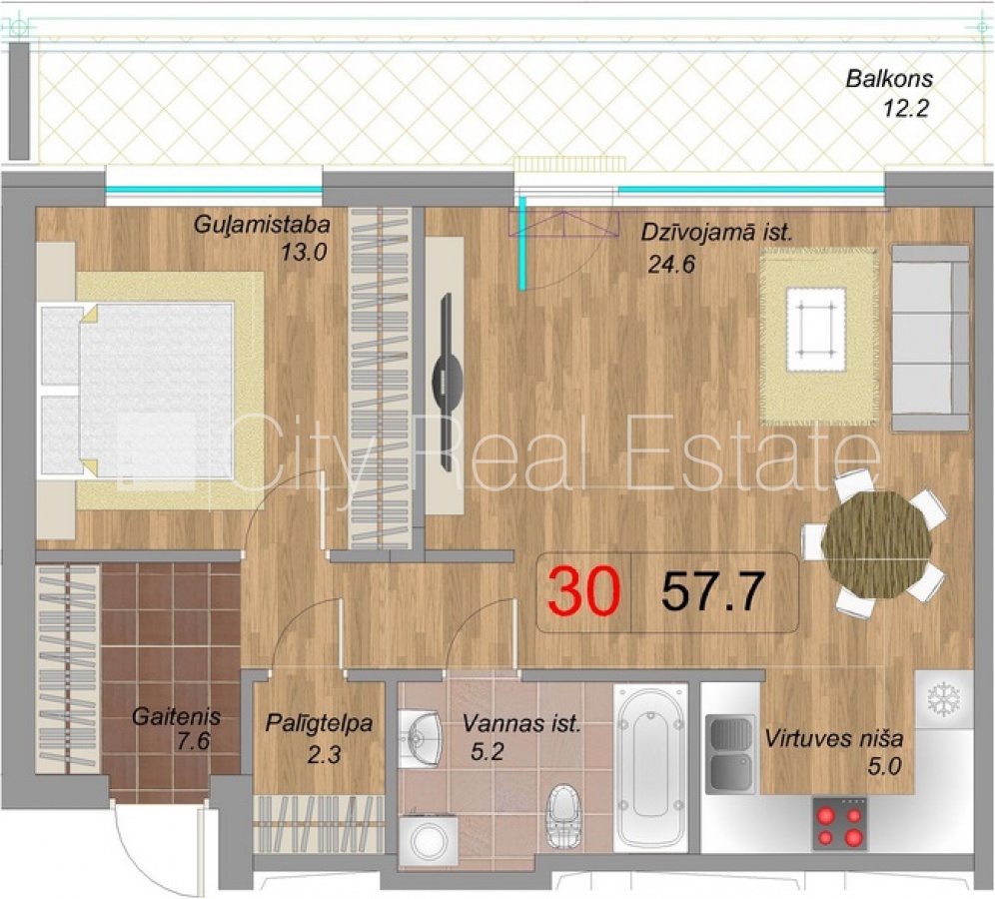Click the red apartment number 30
tap(583, 591)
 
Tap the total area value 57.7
tap(712, 591)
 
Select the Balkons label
tap(889, 79)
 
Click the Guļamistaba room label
tap(262, 225)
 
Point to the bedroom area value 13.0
tap(304, 253)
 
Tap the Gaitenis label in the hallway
tap(177, 717)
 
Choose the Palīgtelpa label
tap(319, 724)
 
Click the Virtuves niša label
tap(834, 738)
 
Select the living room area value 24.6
tap(671, 264)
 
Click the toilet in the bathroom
tap(563, 815)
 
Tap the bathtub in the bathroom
tap(651, 767)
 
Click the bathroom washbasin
tap(421, 738)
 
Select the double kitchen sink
tap(731, 754)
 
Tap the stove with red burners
tap(839, 823)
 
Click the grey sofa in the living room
tap(930, 339)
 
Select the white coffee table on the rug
tap(816, 330)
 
